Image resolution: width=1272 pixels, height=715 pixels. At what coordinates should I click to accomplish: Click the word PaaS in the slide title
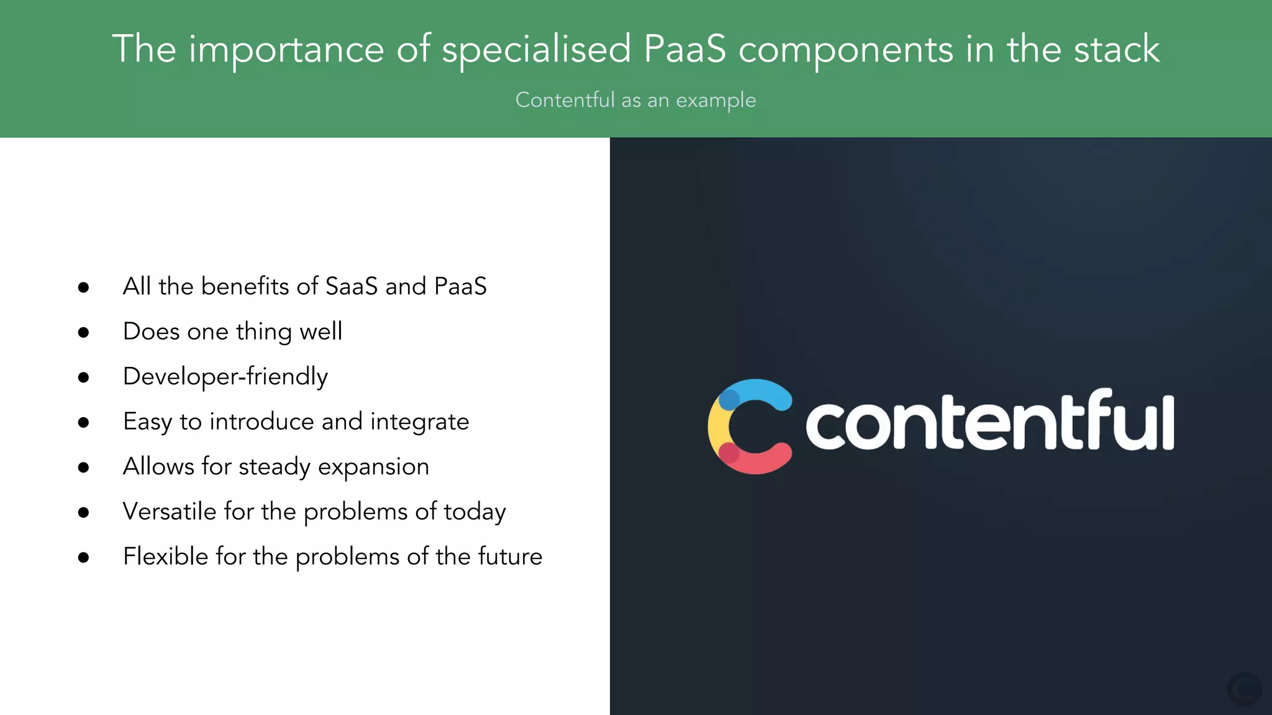point(684,49)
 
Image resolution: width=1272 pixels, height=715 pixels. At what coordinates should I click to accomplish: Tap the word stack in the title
point(1117,49)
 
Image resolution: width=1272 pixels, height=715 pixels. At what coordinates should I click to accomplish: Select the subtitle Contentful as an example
point(635,100)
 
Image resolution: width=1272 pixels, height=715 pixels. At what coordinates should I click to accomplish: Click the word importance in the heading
point(286,50)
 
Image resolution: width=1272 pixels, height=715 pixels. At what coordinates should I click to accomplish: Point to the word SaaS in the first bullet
point(351,286)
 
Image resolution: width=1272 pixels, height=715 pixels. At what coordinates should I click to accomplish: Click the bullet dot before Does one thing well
point(84,333)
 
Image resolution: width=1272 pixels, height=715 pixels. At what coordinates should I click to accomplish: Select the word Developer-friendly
point(225,377)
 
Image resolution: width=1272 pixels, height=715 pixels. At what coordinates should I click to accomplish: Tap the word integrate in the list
point(419,422)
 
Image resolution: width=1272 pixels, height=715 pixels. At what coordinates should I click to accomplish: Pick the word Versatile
point(170,511)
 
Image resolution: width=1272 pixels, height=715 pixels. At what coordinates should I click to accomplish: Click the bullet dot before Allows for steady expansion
point(84,467)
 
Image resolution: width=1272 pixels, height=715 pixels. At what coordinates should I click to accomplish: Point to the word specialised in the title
point(536,50)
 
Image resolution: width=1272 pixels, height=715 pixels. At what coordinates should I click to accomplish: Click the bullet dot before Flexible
point(84,557)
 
